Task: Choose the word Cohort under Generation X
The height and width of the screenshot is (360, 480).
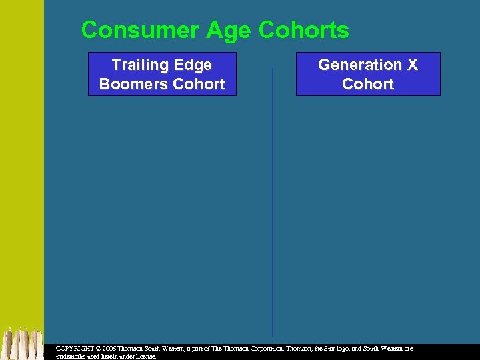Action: [368, 85]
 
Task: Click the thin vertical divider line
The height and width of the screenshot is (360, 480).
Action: [272, 200]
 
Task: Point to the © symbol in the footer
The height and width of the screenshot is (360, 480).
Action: [98, 349]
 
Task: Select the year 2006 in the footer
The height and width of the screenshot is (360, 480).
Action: [110, 349]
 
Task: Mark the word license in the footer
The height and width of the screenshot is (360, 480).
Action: [145, 357]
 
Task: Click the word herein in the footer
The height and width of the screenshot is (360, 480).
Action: [114, 357]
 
